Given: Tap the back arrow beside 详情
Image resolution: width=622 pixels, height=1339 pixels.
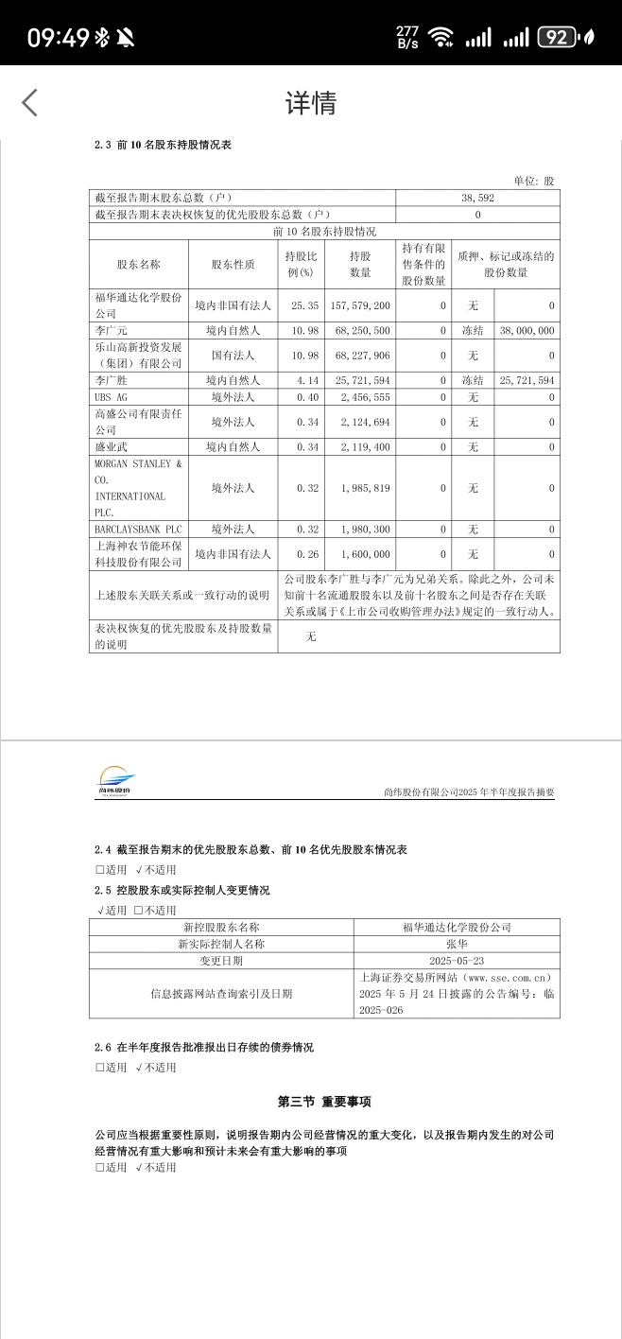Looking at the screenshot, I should (30, 102).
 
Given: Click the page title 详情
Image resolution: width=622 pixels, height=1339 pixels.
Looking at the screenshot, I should (311, 102).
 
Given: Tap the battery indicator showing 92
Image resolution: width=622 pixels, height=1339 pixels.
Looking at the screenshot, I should (557, 38).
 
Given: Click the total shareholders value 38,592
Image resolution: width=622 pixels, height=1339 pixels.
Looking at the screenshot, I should (477, 199).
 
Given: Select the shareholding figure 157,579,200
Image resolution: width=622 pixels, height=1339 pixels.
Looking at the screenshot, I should (360, 306).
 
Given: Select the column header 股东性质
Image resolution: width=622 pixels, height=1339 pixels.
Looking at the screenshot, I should (233, 264).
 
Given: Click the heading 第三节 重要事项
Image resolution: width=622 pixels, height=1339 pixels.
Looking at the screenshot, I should (324, 1102).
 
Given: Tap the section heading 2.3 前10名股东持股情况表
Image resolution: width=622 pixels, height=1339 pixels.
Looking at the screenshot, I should (163, 145).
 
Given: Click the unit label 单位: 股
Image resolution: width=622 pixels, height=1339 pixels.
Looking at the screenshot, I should (534, 181).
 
